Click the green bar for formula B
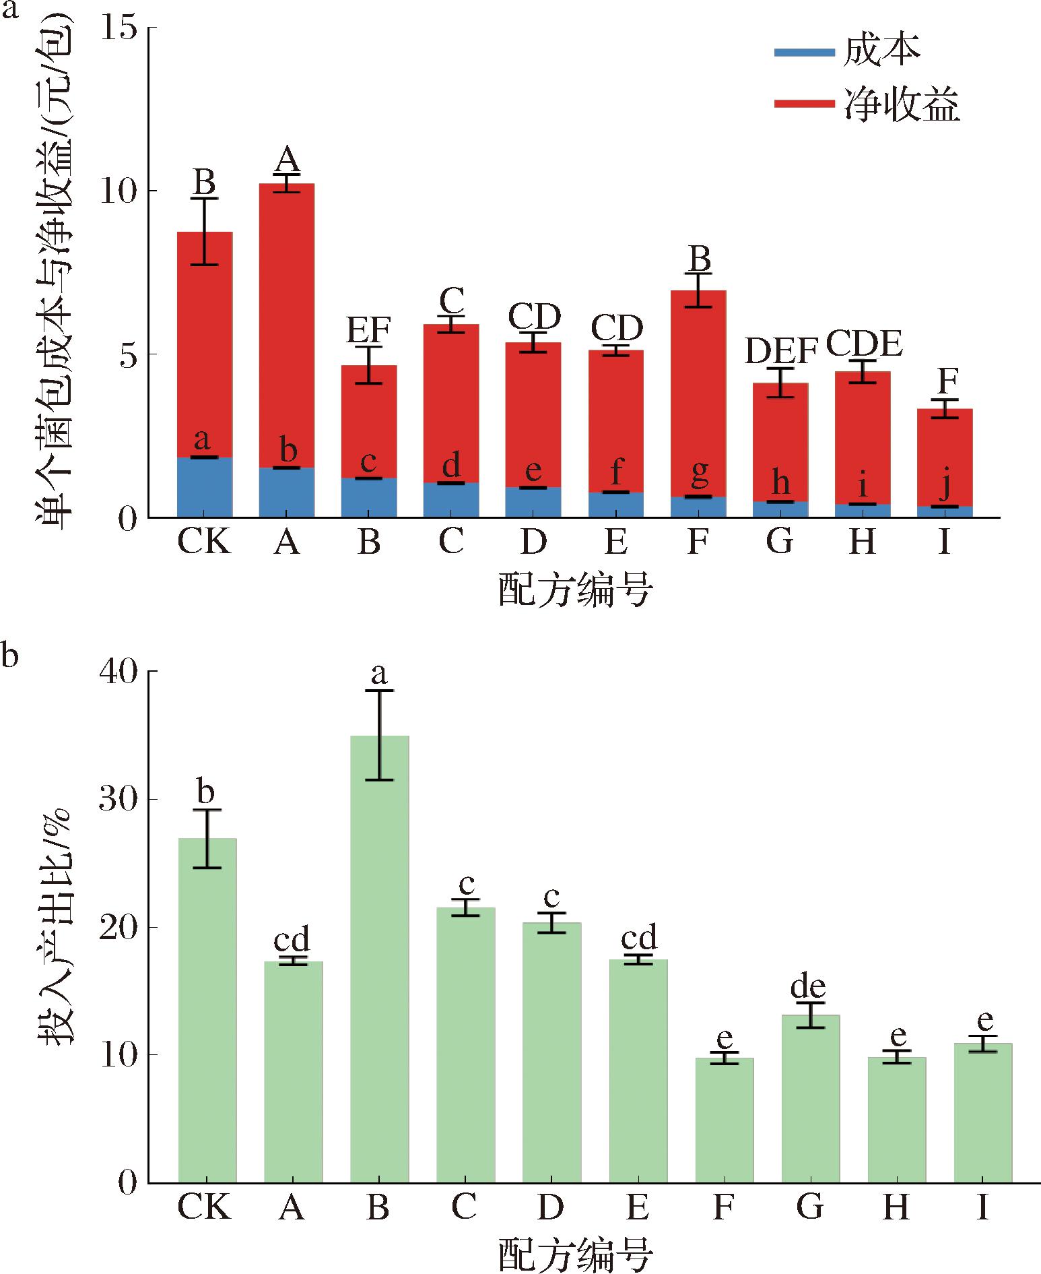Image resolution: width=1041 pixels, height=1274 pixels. (379, 963)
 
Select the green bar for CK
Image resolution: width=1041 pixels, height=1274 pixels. (207, 1011)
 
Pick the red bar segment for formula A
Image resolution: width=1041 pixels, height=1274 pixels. (287, 323)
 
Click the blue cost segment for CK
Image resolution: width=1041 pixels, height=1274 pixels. (205, 487)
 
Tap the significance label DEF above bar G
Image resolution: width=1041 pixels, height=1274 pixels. (780, 350)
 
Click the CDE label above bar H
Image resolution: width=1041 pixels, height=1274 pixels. (863, 344)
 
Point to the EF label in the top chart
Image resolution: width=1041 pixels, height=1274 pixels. (368, 330)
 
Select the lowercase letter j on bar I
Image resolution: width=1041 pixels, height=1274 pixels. (946, 484)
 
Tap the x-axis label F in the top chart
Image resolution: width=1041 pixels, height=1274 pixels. (698, 541)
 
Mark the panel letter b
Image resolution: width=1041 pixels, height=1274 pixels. (9, 655)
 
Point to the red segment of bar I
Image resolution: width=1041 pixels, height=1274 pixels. (945, 458)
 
